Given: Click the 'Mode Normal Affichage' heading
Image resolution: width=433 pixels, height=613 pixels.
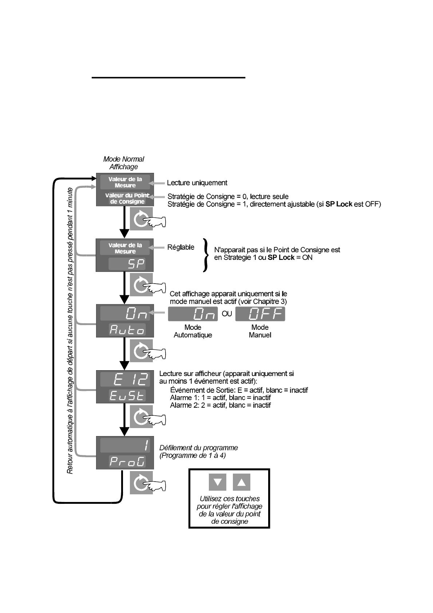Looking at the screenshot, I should (x=123, y=163).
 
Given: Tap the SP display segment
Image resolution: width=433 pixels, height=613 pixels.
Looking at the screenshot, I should (x=127, y=264).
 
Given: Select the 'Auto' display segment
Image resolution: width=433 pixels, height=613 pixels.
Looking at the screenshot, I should (x=127, y=330).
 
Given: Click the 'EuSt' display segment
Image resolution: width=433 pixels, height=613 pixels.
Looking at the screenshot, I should (x=127, y=396).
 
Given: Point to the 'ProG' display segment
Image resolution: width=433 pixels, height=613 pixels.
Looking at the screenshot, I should (x=127, y=462).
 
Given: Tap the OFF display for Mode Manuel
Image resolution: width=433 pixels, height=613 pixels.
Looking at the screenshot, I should (x=260, y=314).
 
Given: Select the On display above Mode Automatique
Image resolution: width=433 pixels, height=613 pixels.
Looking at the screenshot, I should (x=193, y=314).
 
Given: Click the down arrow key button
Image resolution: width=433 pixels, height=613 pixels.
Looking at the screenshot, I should (x=218, y=482).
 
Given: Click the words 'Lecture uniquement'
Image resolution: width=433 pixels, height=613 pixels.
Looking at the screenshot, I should (x=197, y=183).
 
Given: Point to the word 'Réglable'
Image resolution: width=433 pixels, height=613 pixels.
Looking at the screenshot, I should (x=180, y=248).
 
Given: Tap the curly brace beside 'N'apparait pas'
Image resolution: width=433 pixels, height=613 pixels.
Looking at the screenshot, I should (x=206, y=255).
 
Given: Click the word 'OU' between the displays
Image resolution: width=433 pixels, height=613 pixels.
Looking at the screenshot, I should (x=227, y=314).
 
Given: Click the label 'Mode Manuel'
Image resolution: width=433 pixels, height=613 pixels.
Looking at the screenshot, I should (x=260, y=331).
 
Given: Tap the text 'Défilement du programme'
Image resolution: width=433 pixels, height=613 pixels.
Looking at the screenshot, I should (x=198, y=448).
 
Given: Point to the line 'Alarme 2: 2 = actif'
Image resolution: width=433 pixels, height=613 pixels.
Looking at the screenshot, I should (x=220, y=405).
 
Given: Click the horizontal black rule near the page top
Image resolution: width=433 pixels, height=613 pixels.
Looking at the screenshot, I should (x=168, y=78).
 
